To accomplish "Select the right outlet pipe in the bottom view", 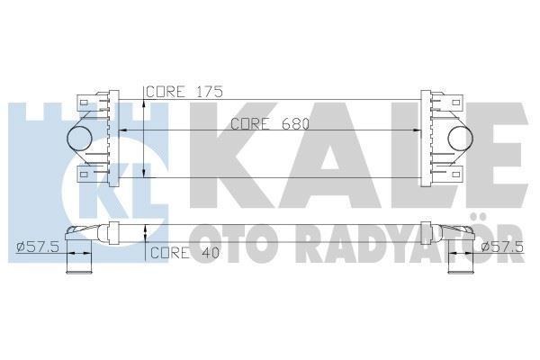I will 462,265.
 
